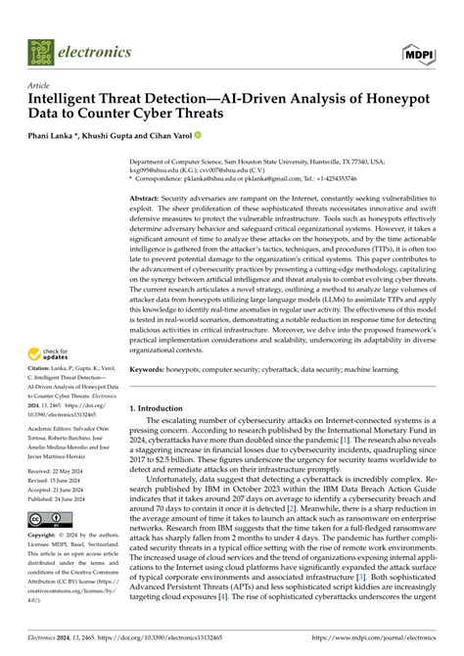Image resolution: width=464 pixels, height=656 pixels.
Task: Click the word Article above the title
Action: (x=42, y=85)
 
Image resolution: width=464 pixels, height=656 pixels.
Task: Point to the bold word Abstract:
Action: (x=149, y=199)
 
